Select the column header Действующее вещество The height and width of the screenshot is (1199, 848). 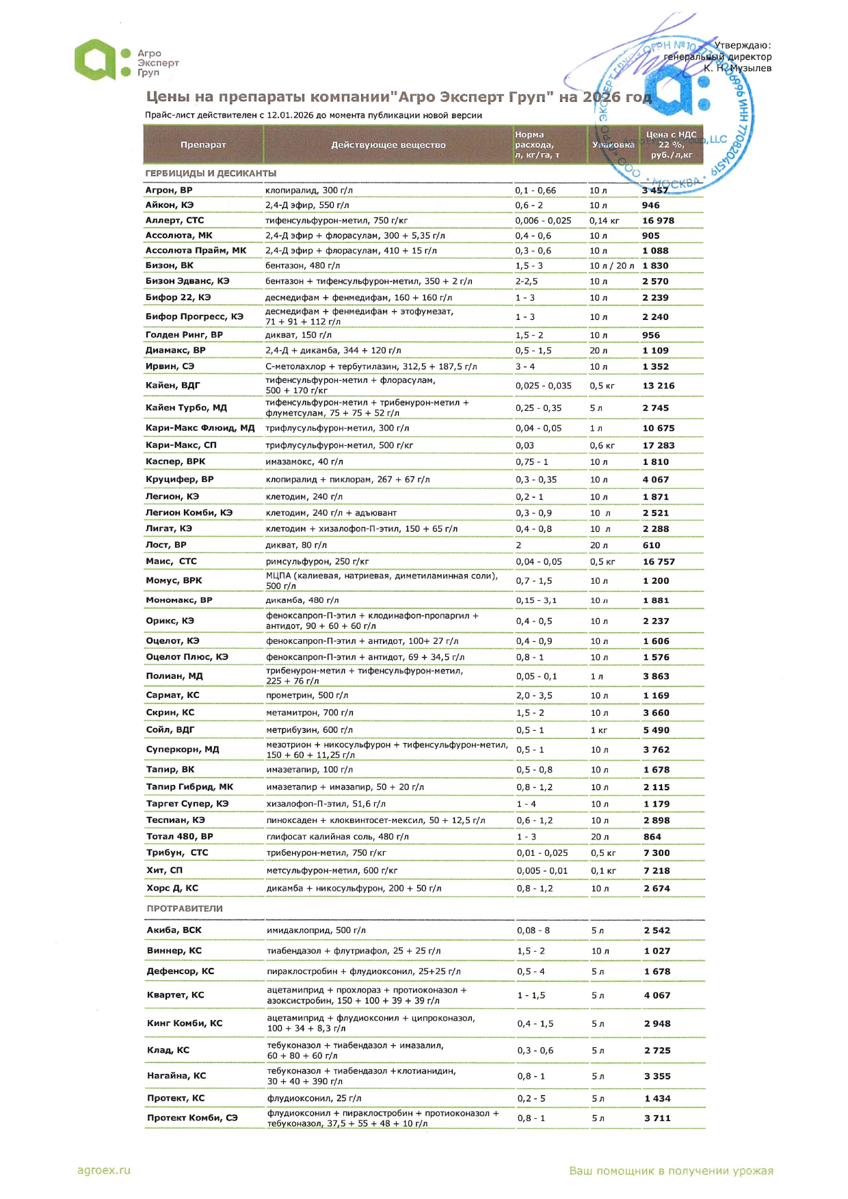tap(388, 145)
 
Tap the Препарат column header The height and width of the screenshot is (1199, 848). tap(203, 145)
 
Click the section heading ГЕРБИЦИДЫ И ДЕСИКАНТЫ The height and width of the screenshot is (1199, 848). tap(211, 174)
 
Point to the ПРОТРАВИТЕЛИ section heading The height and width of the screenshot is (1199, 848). tap(185, 908)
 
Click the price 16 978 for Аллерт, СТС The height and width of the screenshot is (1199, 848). tap(658, 221)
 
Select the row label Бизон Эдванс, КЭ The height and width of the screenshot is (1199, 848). tap(187, 281)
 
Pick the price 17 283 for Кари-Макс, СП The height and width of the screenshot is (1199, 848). tap(658, 446)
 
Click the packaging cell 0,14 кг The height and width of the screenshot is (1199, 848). tap(604, 221)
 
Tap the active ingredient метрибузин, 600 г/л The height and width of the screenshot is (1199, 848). tap(309, 730)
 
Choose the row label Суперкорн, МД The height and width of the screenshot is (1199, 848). tap(183, 749)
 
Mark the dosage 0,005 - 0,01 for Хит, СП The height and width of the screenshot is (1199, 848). tap(542, 871)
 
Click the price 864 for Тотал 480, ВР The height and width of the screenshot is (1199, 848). tap(652, 837)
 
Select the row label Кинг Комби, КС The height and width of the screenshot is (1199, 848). tap(185, 1023)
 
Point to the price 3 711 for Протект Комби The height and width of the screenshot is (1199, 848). tap(657, 1118)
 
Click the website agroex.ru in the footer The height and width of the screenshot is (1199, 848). tap(103, 1170)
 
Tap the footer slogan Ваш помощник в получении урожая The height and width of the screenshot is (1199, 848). tap(671, 1171)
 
